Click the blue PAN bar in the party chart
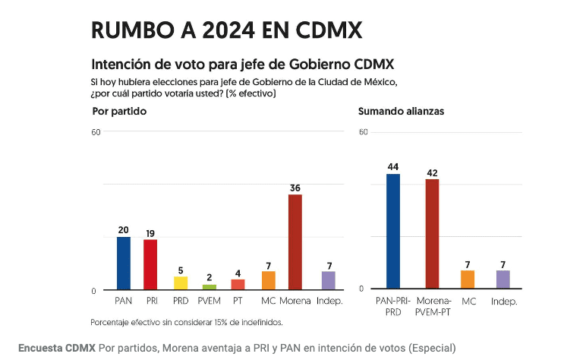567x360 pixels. [x=123, y=263]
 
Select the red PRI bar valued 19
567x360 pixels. [x=150, y=264]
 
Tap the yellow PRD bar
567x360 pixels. [x=181, y=283]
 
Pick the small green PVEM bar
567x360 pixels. [x=209, y=287]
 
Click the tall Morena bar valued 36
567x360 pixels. [x=295, y=242]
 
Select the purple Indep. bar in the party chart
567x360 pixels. [x=328, y=280]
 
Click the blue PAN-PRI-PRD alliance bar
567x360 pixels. [x=393, y=231]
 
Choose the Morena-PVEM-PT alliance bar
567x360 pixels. [x=432, y=234]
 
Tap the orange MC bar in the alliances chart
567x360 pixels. [x=468, y=279]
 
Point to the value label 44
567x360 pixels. [x=393, y=167]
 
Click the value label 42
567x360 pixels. [x=432, y=172]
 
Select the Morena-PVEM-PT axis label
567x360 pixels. [x=432, y=306]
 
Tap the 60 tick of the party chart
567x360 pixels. [x=96, y=132]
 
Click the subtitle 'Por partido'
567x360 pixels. [x=118, y=112]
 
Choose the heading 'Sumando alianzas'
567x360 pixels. [x=401, y=112]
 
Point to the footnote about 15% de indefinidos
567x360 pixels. [x=186, y=322]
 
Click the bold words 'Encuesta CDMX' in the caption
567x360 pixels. [x=57, y=348]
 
